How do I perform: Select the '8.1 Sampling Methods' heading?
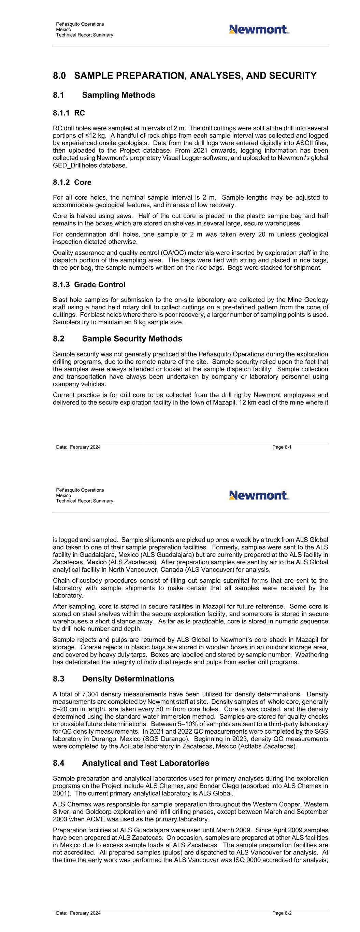point(104,95)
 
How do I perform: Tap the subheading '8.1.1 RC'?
point(69,113)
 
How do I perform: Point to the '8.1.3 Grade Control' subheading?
point(89,285)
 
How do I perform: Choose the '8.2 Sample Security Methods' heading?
point(117,339)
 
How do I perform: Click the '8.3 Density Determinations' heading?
point(113,679)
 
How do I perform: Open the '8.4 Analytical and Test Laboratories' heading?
point(131,763)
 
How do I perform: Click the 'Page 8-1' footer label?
point(282,447)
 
